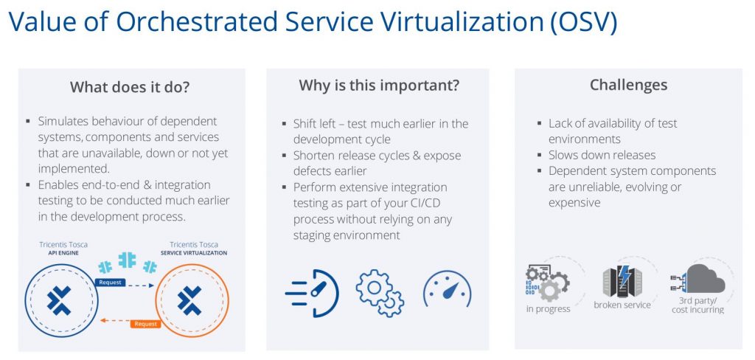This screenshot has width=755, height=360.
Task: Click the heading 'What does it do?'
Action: pyautogui.click(x=130, y=87)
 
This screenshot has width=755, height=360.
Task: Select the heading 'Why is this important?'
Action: pyautogui.click(x=379, y=86)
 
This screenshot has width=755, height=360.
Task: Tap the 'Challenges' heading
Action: pyautogui.click(x=628, y=85)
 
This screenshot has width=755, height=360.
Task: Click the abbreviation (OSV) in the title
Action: pyautogui.click(x=583, y=21)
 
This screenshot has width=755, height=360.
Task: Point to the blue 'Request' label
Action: pyautogui.click(x=111, y=283)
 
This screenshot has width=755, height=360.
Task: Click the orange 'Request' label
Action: pyautogui.click(x=145, y=324)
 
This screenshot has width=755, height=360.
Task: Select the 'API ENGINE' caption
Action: pyautogui.click(x=63, y=252)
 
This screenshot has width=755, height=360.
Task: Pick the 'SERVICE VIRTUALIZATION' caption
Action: pyautogui.click(x=194, y=252)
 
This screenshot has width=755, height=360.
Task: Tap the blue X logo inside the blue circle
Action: pyautogui.click(x=59, y=300)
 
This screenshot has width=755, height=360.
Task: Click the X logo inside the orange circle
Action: pyautogui.click(x=189, y=300)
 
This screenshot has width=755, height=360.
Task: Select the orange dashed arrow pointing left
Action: pyautogui.click(x=114, y=320)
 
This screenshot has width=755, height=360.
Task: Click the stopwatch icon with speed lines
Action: pyautogui.click(x=313, y=293)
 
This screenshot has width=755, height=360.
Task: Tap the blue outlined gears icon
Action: pyautogui.click(x=380, y=293)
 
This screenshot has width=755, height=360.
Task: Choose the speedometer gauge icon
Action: pyautogui.click(x=448, y=288)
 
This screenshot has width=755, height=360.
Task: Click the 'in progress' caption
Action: pyautogui.click(x=548, y=309)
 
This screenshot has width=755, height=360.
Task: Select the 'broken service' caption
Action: pyautogui.click(x=622, y=305)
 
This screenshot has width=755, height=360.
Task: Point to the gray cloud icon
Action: pyautogui.click(x=706, y=279)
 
